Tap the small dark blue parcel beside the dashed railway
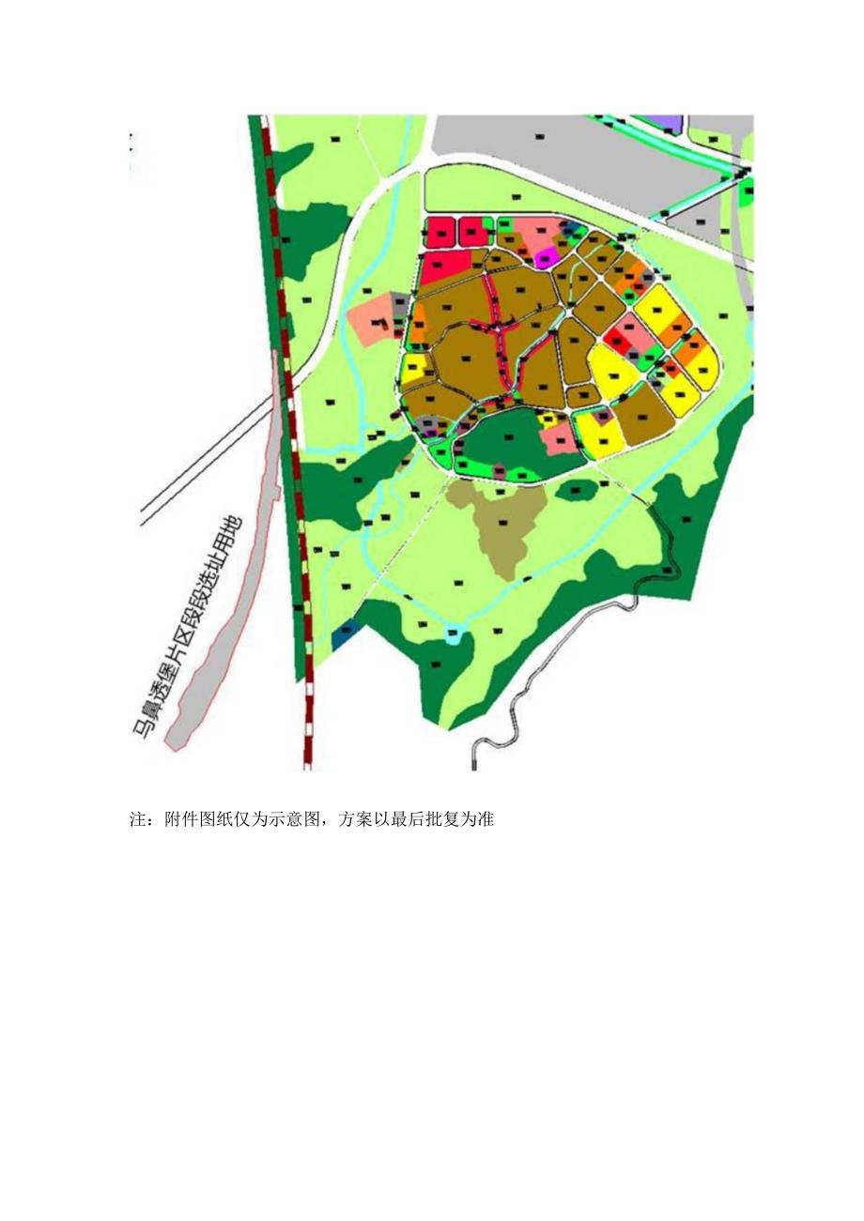(346, 634)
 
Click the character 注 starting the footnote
(136, 819)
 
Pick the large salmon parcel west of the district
(371, 318)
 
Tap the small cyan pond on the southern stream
(455, 634)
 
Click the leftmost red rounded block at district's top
(439, 232)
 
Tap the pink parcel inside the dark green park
(558, 435)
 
